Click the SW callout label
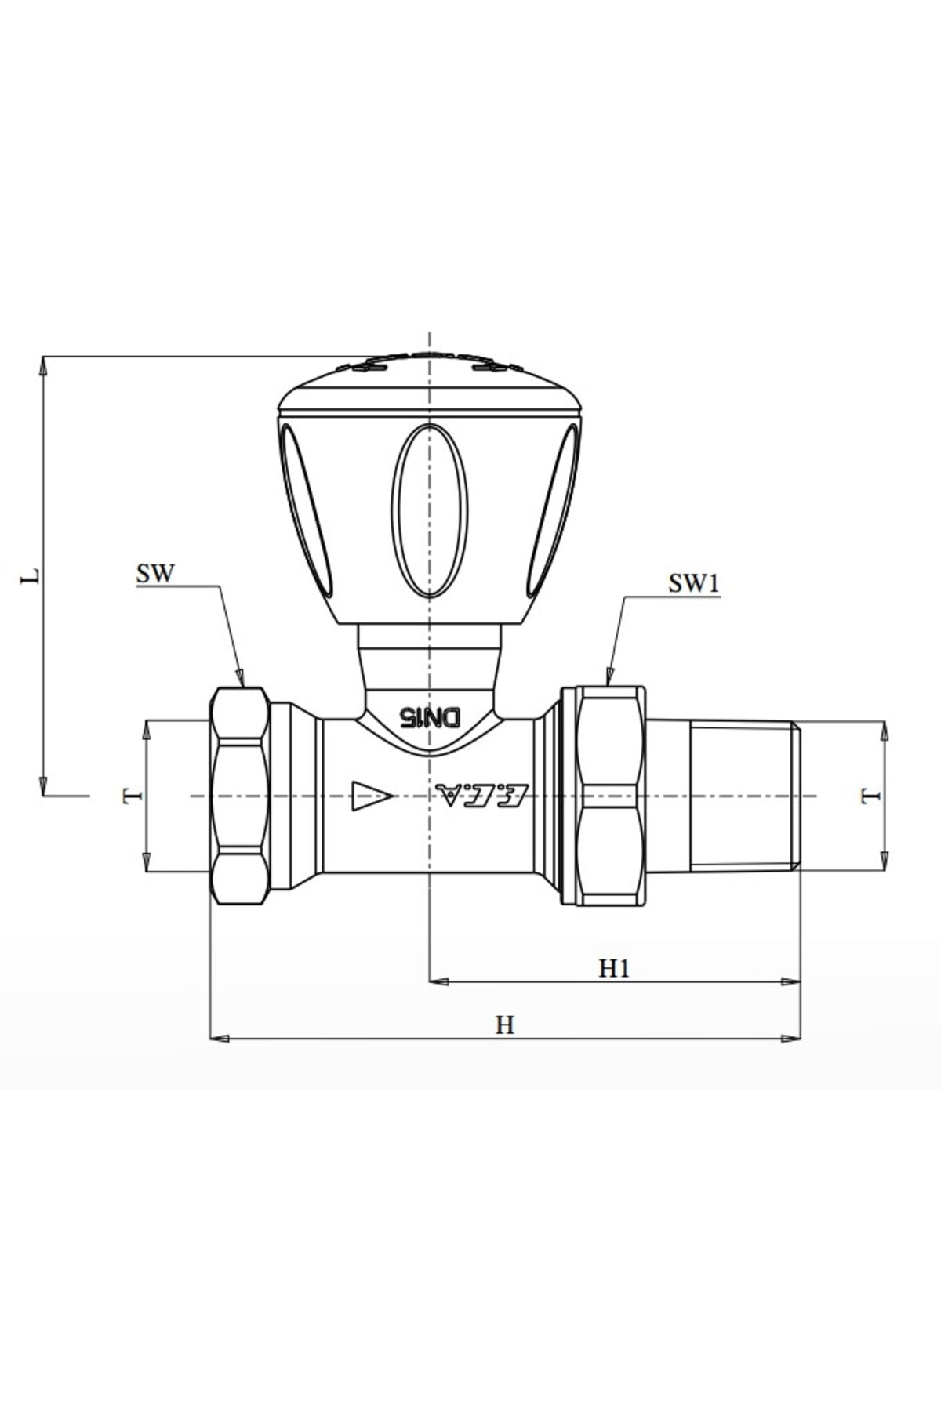[x=154, y=574]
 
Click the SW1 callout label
[x=693, y=584]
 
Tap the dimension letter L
[x=30, y=576]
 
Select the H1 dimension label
[x=614, y=969]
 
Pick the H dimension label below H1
[x=504, y=1025]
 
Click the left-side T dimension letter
[x=133, y=796]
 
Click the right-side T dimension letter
[x=870, y=796]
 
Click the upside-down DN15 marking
[x=430, y=716]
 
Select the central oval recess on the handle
[x=429, y=510]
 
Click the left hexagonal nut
[x=240, y=796]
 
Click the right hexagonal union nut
[x=610, y=796]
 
